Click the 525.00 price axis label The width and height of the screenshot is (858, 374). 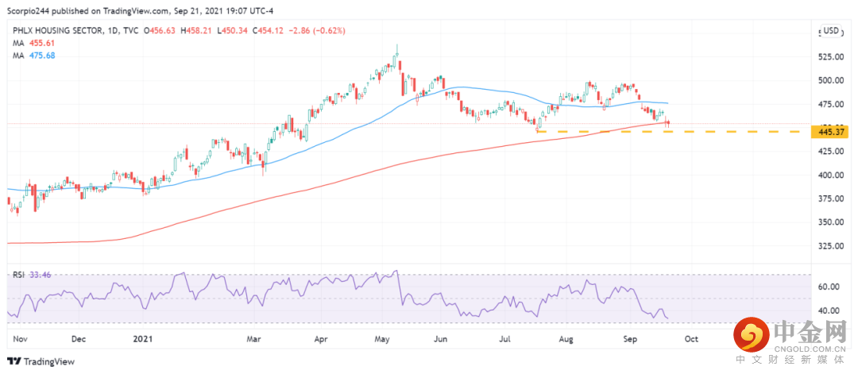click(831, 57)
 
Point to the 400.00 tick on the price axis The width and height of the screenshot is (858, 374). click(831, 175)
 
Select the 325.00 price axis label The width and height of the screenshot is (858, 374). click(831, 246)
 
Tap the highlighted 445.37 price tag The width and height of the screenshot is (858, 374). click(831, 131)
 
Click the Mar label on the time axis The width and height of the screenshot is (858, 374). click(254, 338)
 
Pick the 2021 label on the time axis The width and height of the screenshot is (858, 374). click(143, 338)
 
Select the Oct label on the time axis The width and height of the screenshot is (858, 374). click(691, 338)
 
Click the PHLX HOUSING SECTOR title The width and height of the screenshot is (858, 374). click(54, 31)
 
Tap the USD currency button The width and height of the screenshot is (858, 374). click(831, 31)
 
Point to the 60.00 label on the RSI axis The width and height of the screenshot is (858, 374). click(829, 287)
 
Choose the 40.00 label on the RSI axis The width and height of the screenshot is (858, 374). click(829, 310)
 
